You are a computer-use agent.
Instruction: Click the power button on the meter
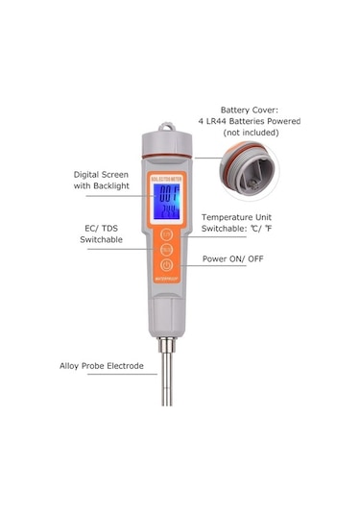pos(167,265)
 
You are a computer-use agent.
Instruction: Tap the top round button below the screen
pos(167,233)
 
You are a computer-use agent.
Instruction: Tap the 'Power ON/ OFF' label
pos(239,259)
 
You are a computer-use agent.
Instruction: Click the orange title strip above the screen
pos(167,179)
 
